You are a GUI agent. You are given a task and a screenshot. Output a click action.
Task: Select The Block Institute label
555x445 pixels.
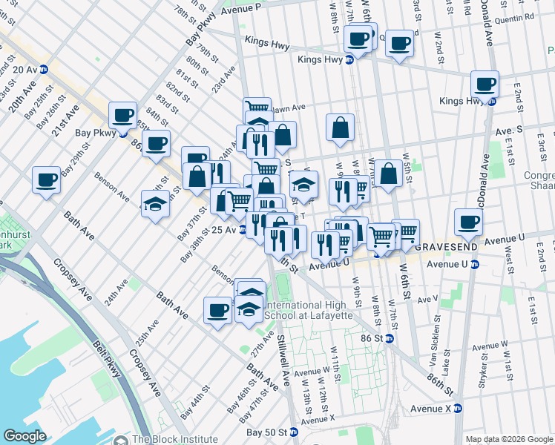point(174,438)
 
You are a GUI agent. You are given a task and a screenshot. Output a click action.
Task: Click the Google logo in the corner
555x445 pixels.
point(24,436)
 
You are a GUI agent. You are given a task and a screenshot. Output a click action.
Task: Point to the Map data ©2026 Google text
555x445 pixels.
point(508,440)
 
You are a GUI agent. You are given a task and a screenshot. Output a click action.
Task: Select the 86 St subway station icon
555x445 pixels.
point(389,338)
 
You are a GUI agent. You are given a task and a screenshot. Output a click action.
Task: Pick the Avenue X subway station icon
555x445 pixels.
point(458,408)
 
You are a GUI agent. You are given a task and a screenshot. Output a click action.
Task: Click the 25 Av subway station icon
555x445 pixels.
point(242,231)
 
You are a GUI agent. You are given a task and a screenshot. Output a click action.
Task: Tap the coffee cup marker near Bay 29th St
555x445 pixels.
point(47,180)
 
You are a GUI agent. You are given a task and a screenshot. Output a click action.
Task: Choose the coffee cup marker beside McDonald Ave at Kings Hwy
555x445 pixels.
point(485,85)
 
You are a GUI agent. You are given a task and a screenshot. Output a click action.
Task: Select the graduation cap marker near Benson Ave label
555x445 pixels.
point(155,204)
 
